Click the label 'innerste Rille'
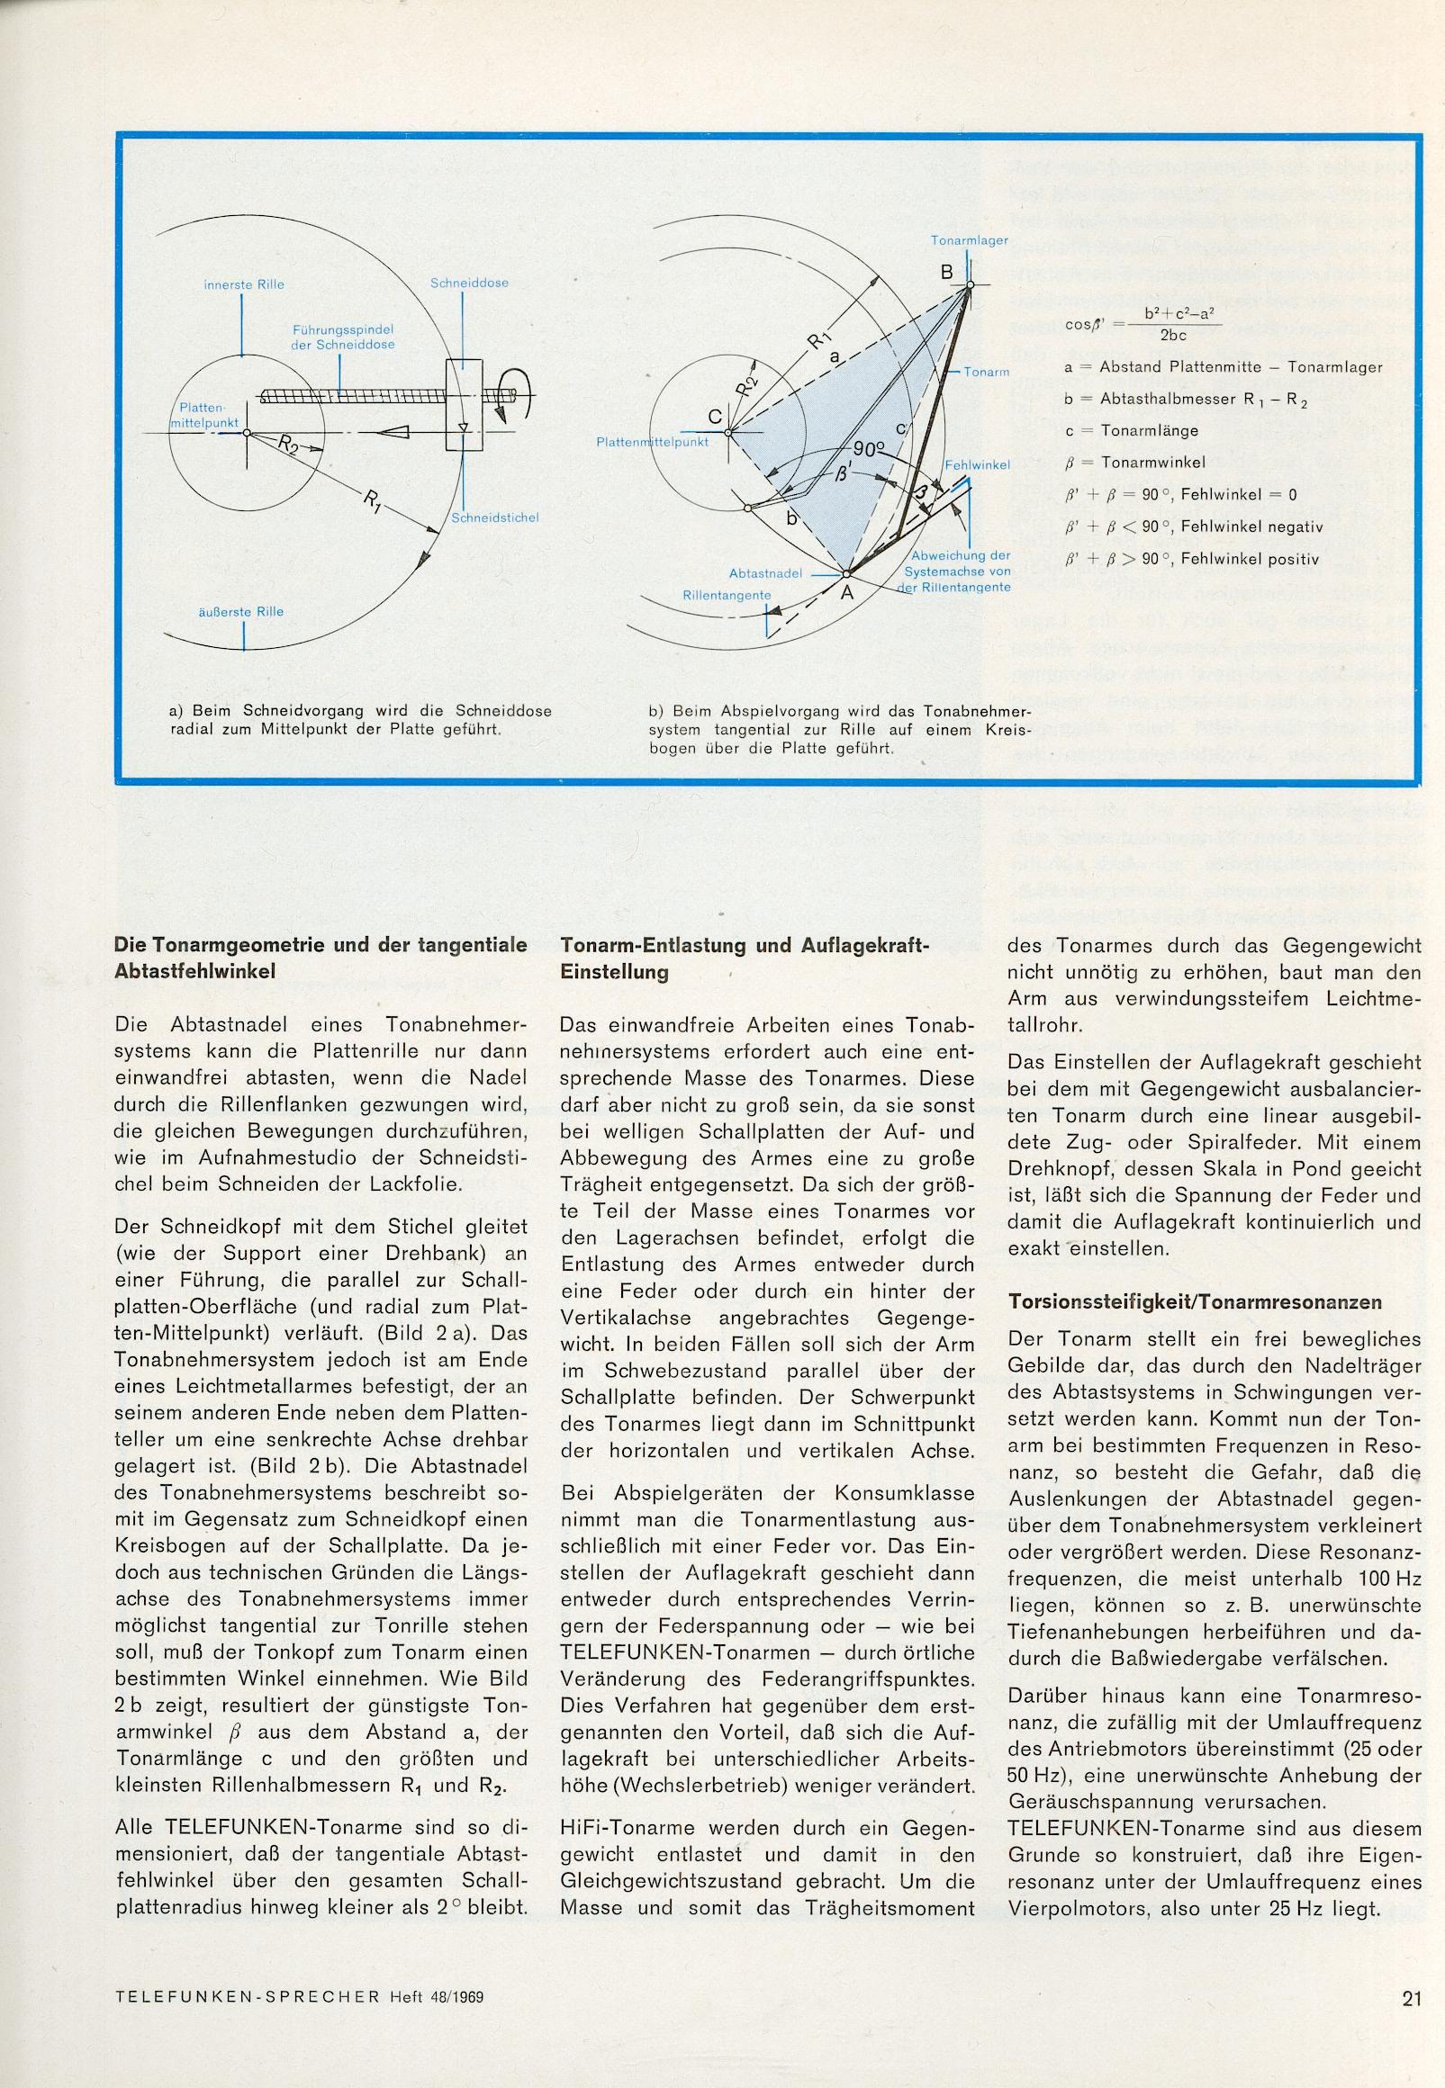coord(244,284)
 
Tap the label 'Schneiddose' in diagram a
coord(469,283)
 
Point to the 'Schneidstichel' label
coord(494,517)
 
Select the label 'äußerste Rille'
coord(241,611)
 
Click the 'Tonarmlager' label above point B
coord(969,240)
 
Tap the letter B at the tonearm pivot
coord(946,272)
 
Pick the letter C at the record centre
coord(714,418)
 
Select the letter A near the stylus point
coord(848,594)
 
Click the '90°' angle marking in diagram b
coord(869,450)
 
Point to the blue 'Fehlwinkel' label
coord(977,464)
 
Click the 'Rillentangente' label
coord(727,595)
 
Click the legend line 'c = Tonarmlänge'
coord(1132,430)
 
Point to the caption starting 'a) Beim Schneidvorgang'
coord(360,718)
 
